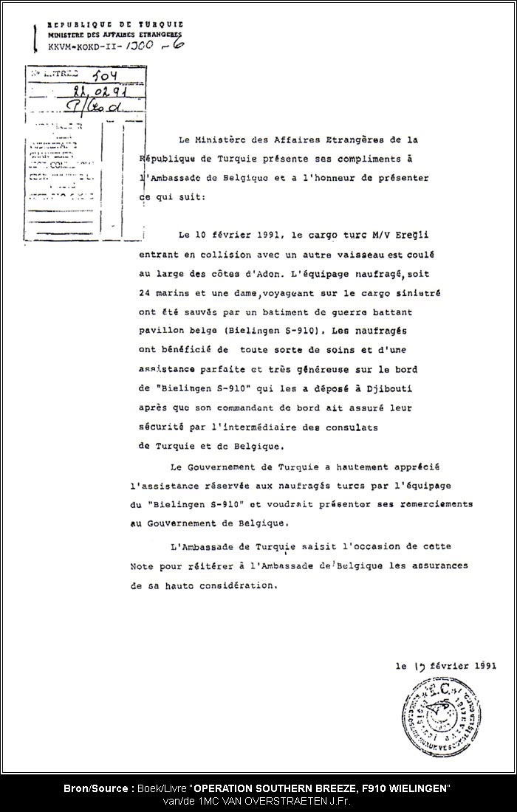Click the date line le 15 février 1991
click(446, 665)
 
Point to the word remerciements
click(425, 504)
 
